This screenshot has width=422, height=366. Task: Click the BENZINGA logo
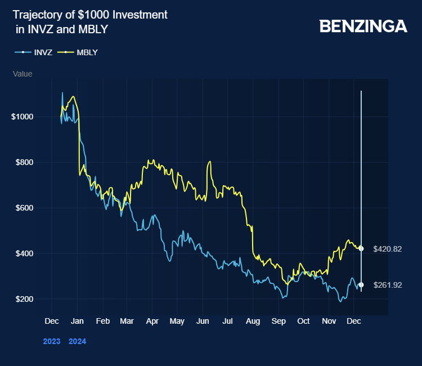click(x=363, y=26)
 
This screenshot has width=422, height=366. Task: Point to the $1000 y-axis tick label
click(x=23, y=117)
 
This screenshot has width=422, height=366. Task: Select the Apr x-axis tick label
click(x=152, y=321)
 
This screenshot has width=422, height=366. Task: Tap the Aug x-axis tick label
click(x=253, y=321)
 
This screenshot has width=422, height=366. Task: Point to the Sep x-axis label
click(x=278, y=321)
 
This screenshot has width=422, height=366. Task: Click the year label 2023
click(x=52, y=341)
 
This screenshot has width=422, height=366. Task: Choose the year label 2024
click(x=77, y=341)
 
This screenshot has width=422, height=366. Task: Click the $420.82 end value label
click(x=387, y=249)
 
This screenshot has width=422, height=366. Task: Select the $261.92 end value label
click(x=387, y=285)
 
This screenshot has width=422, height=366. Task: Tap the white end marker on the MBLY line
click(x=361, y=248)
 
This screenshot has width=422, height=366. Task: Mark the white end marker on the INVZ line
click(x=361, y=285)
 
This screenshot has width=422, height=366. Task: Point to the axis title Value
click(x=23, y=74)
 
